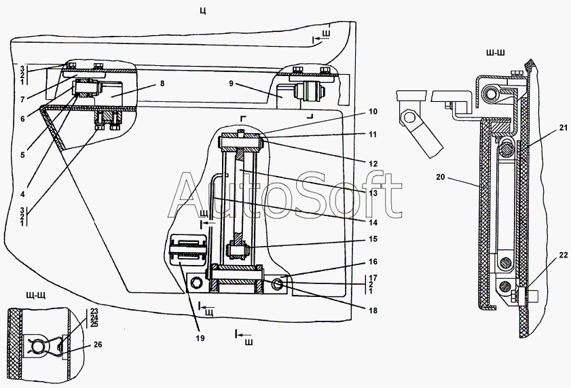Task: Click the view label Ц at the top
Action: click(x=203, y=12)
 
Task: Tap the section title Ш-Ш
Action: click(x=495, y=53)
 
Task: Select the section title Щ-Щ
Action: click(x=36, y=295)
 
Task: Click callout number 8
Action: click(x=162, y=84)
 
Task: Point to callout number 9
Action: click(x=231, y=84)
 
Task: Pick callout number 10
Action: click(x=373, y=111)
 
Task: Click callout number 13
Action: click(x=373, y=193)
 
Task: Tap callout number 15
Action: click(x=373, y=239)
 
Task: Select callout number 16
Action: click(x=373, y=262)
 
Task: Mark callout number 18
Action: click(x=373, y=311)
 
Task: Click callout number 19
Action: click(x=200, y=338)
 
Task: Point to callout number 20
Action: click(x=440, y=177)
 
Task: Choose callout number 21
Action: click(x=564, y=127)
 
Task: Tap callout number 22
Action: click(x=564, y=255)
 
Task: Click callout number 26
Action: click(x=98, y=345)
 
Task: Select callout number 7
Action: click(x=22, y=99)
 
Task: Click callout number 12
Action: click(x=373, y=164)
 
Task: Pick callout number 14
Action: click(x=373, y=222)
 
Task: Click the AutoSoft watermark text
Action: click(x=285, y=196)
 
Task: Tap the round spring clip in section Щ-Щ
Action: click(x=38, y=346)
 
